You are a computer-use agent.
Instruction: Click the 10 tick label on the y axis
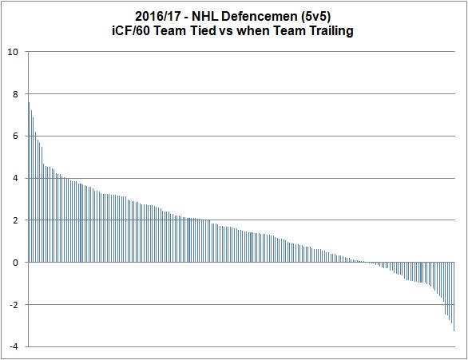point(12,52)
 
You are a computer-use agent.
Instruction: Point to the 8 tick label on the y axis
point(14,94)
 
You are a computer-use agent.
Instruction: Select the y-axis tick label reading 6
point(14,136)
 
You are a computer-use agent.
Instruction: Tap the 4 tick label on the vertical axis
point(14,178)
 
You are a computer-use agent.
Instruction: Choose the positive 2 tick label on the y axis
point(14,220)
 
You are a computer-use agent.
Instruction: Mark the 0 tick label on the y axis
point(14,262)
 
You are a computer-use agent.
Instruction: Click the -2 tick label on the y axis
point(13,304)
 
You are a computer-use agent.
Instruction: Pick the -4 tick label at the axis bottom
point(13,346)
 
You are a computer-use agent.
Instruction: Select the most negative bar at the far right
point(454,296)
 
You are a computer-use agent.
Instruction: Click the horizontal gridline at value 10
point(240,52)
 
